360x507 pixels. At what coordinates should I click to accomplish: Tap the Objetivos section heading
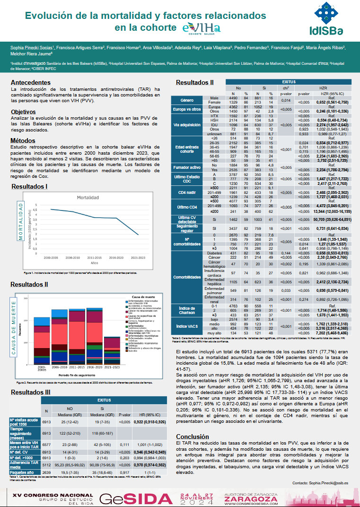pos(24,112)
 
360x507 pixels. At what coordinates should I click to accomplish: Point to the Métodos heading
pos(23,140)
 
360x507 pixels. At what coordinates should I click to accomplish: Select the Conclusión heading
pos(192,437)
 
